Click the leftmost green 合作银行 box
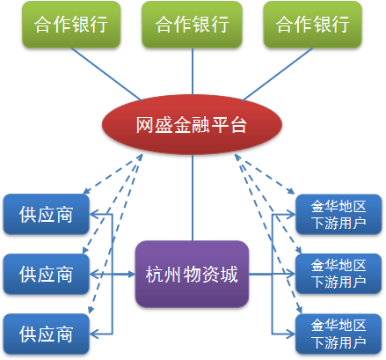(71, 25)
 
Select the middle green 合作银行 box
(192, 25)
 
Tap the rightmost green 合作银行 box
(313, 25)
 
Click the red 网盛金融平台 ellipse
(192, 124)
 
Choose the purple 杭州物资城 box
(192, 274)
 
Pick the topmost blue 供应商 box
(46, 214)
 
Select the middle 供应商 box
(46, 274)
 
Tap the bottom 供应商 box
(46, 334)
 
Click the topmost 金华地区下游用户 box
(339, 214)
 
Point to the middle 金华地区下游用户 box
(339, 274)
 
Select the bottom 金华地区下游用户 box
(339, 334)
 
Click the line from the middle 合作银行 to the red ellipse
(193, 71)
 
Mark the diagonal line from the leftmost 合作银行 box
(106, 74)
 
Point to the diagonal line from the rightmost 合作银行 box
(277, 74)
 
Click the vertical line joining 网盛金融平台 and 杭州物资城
(193, 198)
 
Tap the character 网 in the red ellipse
(144, 125)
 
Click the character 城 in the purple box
(229, 275)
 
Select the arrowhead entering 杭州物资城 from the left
(131, 275)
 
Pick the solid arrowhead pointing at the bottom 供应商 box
(94, 334)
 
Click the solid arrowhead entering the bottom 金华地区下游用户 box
(291, 334)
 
